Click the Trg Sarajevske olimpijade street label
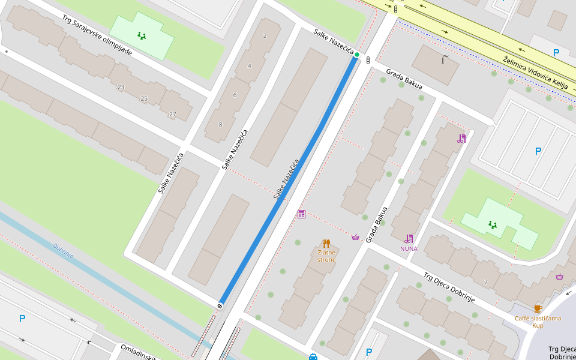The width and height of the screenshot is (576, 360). (x=97, y=35)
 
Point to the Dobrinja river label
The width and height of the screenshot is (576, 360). (x=63, y=250)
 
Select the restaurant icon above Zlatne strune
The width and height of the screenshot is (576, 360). (x=326, y=243)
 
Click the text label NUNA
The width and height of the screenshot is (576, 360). (x=409, y=248)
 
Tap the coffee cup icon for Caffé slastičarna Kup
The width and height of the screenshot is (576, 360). (x=538, y=308)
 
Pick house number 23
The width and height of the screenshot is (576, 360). (x=121, y=87)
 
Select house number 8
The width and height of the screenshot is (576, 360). (x=220, y=125)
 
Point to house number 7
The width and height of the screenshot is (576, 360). (x=486, y=281)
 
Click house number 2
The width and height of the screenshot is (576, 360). (x=265, y=36)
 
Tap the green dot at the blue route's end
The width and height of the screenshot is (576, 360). (x=357, y=55)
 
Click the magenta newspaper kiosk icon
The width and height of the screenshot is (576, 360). (x=301, y=214)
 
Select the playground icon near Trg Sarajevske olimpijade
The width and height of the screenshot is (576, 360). (x=142, y=35)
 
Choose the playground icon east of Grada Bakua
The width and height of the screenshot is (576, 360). (x=493, y=224)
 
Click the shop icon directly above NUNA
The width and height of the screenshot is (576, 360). (x=409, y=238)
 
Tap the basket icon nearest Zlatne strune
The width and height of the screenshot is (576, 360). (x=355, y=237)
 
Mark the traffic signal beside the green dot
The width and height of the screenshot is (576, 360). (x=367, y=60)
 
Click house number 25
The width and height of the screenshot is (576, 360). (x=144, y=98)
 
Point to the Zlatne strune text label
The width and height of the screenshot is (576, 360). (x=326, y=256)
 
